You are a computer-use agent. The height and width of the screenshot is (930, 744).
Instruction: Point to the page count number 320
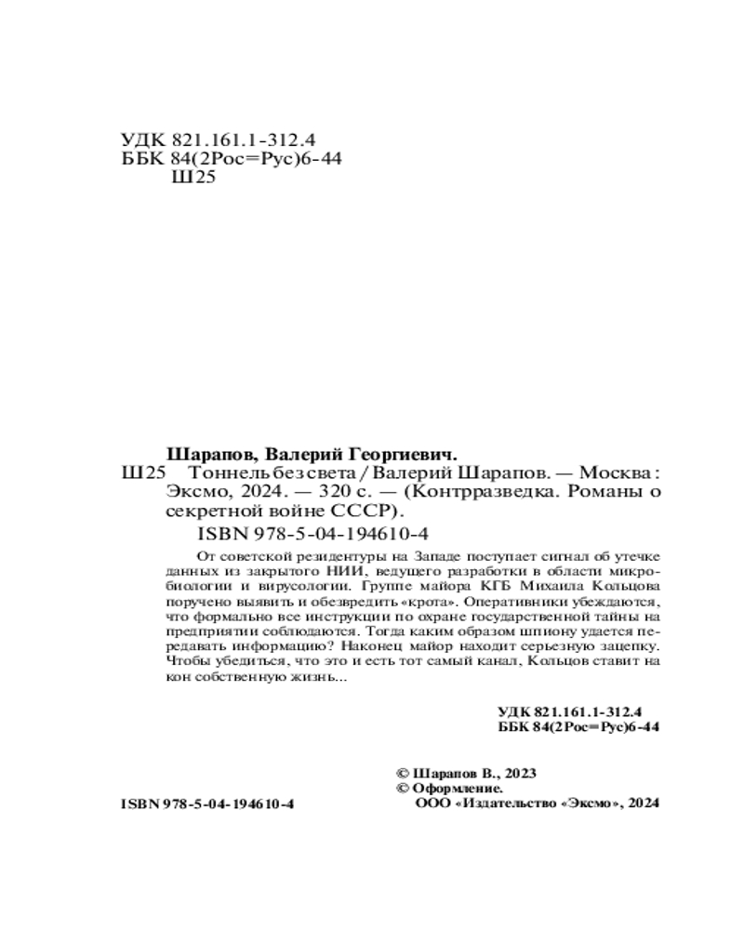click(x=298, y=492)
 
